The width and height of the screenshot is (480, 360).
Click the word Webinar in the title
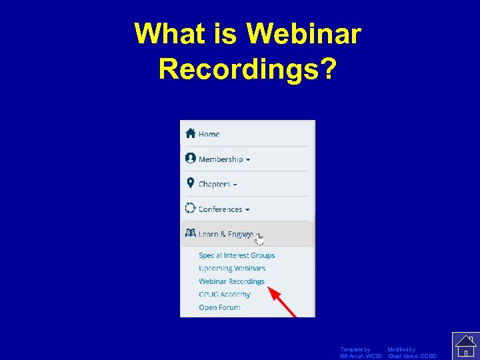point(303,33)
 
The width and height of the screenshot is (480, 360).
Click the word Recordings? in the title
point(247,69)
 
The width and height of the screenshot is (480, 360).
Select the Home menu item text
point(209,134)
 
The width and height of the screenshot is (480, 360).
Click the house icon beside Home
point(191,133)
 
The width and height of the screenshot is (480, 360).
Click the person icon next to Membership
point(191,158)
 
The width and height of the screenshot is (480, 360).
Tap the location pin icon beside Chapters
point(191,183)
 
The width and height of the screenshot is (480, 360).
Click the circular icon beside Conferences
point(191,208)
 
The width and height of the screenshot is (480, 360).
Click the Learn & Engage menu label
point(225,235)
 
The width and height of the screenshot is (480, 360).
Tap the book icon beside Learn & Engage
point(191,233)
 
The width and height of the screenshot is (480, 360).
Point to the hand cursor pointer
point(259,239)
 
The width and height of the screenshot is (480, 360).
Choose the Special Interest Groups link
point(237,255)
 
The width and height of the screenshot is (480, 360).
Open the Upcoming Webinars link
point(232,269)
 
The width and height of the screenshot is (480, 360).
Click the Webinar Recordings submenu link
point(231,281)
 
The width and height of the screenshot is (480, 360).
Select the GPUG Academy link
point(225,295)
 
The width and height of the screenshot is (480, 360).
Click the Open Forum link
point(219,307)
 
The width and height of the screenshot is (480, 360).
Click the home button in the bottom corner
point(466,346)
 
